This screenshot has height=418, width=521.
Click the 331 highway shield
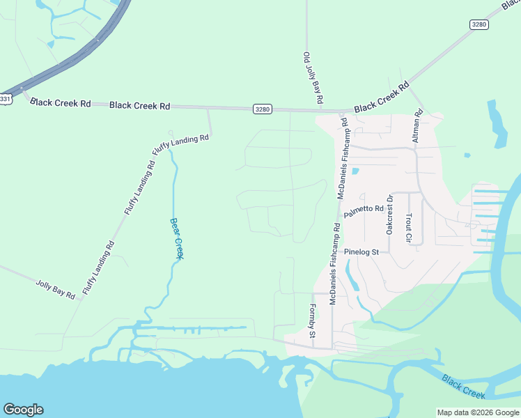6,99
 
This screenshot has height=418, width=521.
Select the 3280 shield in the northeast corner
479,24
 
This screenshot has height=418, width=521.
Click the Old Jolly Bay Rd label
313,78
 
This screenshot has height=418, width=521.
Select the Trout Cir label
409,229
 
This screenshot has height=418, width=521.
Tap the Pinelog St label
361,251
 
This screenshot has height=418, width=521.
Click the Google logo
23,409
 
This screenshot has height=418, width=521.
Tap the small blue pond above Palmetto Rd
355,171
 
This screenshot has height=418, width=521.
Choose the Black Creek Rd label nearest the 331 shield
61,103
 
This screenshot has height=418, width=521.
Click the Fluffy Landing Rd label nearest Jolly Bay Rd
99,268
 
